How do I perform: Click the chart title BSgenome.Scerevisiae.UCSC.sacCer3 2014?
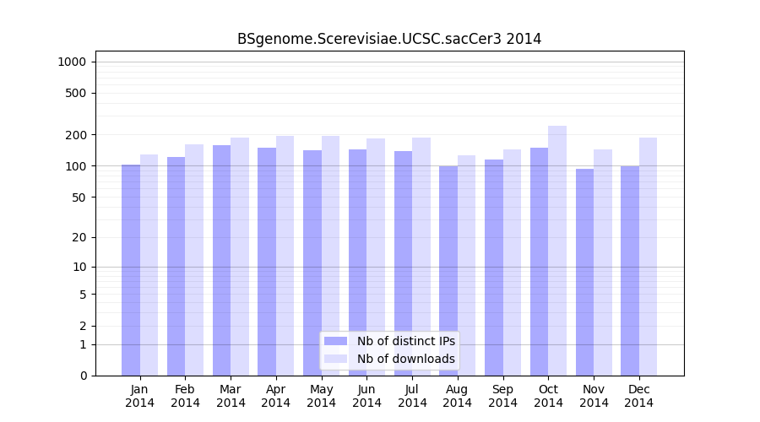388,39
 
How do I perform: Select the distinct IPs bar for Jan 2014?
131,270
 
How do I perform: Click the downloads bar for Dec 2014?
648,257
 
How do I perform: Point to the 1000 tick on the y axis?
75,62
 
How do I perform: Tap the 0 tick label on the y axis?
84,376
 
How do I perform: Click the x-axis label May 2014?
322,396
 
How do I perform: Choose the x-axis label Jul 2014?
412,396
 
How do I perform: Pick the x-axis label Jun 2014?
366,396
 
